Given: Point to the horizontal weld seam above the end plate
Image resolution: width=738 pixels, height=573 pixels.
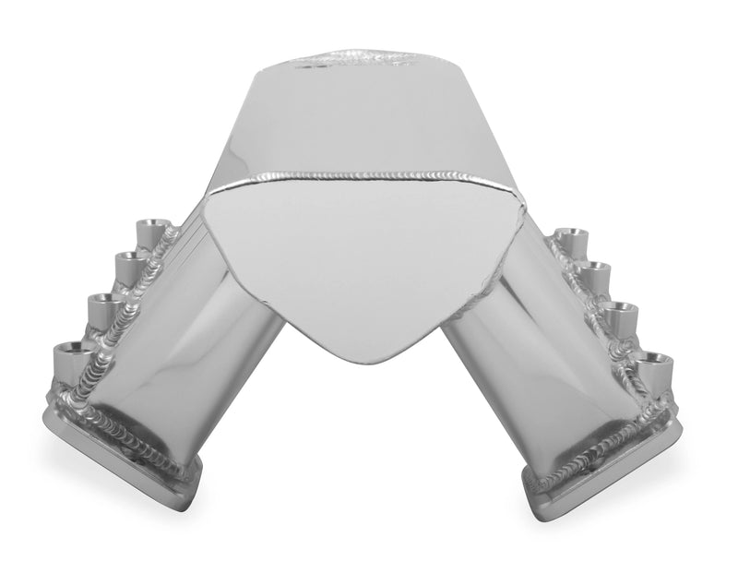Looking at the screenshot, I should tap(351, 175).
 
